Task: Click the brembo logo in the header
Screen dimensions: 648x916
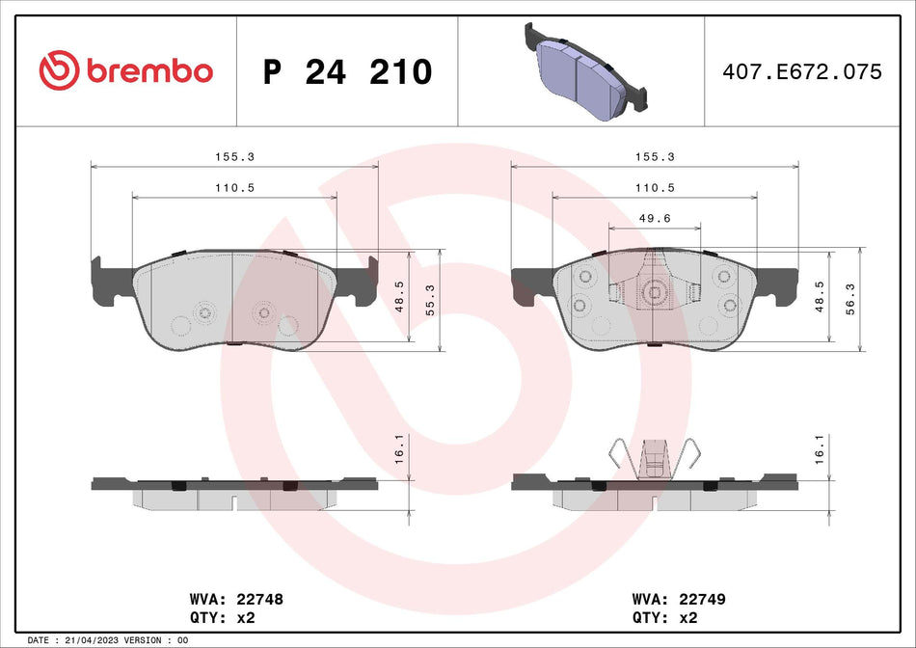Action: (x=125, y=70)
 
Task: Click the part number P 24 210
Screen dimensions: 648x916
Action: (x=347, y=71)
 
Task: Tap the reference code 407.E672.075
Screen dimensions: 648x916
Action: (x=801, y=71)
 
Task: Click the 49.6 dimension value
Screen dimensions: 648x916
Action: (x=655, y=219)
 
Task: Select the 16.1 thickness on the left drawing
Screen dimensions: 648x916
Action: (x=399, y=450)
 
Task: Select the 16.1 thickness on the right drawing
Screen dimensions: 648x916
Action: (x=821, y=450)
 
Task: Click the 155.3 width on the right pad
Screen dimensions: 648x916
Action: (x=655, y=156)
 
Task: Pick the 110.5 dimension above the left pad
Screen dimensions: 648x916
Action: (x=233, y=188)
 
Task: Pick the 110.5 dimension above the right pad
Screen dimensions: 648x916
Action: (x=655, y=188)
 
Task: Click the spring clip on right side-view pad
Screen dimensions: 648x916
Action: (x=655, y=457)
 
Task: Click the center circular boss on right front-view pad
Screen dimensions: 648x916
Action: (x=654, y=293)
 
